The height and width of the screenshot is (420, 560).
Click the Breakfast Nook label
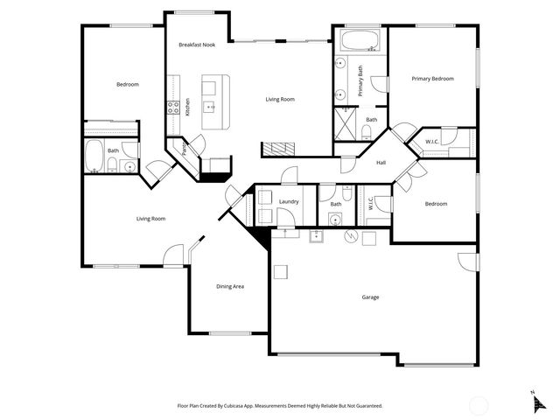click(197, 45)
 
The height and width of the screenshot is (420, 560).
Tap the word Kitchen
click(187, 107)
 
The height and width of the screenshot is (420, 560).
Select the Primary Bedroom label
click(433, 79)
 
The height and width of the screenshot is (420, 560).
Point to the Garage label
click(370, 297)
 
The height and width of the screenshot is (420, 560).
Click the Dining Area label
click(229, 286)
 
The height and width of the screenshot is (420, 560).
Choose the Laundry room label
click(289, 201)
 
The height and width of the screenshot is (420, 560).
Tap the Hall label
click(381, 163)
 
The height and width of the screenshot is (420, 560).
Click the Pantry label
click(185, 150)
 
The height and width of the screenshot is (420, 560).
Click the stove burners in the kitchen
click(172, 108)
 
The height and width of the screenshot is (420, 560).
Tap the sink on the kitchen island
click(211, 107)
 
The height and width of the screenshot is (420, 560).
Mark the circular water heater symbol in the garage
click(350, 234)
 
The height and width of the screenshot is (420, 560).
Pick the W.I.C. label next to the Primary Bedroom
click(432, 142)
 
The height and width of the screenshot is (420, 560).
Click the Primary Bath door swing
click(378, 84)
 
